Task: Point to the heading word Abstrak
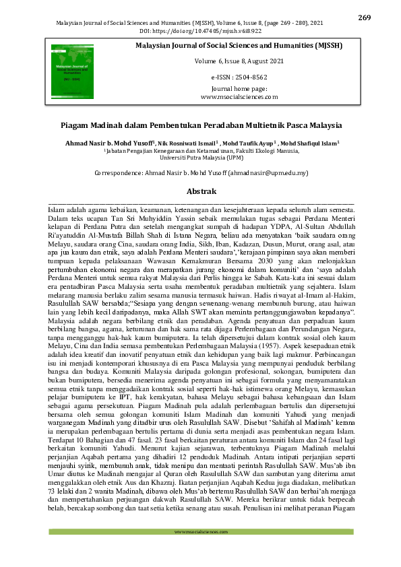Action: [201, 192]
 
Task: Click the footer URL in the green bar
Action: [201, 533]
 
